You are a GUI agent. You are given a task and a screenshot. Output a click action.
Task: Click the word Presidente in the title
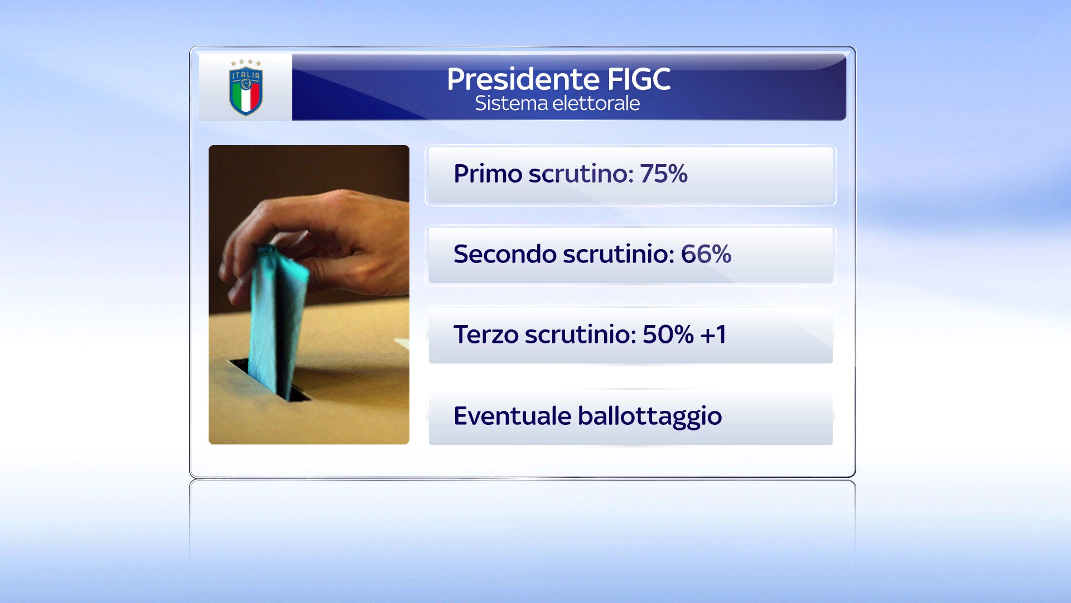(523, 79)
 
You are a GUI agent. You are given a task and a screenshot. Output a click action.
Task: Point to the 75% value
(664, 174)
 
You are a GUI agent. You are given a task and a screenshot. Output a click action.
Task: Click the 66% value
(706, 254)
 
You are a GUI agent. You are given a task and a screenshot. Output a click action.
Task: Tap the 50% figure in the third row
(668, 334)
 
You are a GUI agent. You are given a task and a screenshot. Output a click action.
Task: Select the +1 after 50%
(713, 334)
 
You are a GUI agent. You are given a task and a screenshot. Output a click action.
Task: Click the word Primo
(488, 174)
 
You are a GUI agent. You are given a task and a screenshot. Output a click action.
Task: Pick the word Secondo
(505, 254)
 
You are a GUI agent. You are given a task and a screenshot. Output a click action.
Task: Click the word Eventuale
(513, 416)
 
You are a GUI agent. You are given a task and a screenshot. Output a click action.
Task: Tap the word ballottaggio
(650, 417)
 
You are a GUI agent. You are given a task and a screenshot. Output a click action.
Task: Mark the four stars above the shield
(246, 63)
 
